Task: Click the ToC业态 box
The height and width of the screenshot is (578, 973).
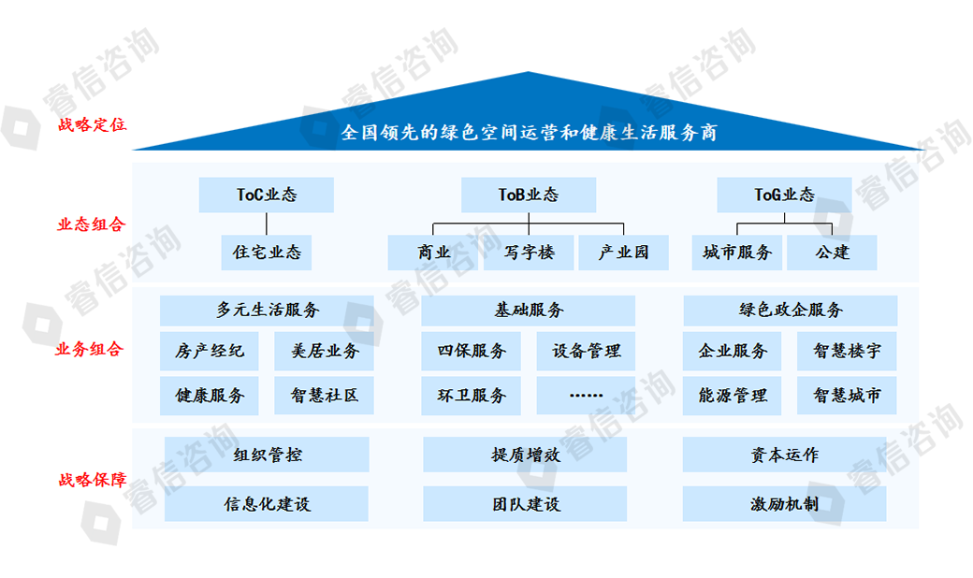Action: [x=267, y=195]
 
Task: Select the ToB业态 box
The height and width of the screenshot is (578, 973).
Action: [x=528, y=195]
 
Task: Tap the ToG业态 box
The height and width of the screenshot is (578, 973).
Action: [x=784, y=195]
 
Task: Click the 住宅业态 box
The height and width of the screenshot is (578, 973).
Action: [x=267, y=253]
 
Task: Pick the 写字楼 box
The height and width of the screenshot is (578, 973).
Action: [x=529, y=253]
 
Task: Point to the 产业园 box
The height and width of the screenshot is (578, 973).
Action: [x=623, y=253]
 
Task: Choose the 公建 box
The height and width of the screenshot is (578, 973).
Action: [x=832, y=253]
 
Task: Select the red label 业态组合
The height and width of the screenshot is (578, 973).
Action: [x=90, y=224]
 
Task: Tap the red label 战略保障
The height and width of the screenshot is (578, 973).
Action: [x=91, y=481]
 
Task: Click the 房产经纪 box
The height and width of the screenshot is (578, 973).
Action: [x=210, y=352]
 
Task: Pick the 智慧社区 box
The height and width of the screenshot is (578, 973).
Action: [x=324, y=396]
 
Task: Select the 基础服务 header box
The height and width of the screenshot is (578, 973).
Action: [x=529, y=311]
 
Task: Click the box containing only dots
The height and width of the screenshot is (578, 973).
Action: [x=586, y=396]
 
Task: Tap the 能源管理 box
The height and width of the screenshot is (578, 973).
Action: [x=733, y=396]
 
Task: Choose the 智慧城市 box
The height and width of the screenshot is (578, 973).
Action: [x=847, y=396]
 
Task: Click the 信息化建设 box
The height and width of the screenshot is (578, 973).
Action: [x=267, y=504]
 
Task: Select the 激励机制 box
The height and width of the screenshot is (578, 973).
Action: [x=784, y=504]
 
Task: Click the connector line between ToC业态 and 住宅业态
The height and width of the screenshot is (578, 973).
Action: [x=267, y=224]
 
